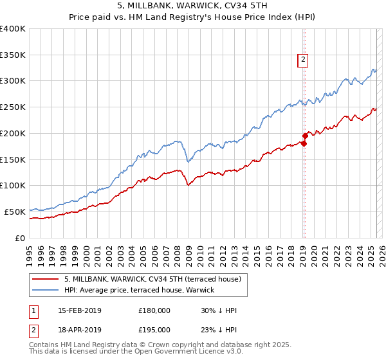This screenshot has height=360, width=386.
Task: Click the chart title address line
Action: (x=193, y=5)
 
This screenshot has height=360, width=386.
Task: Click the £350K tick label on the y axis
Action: (x=13, y=55)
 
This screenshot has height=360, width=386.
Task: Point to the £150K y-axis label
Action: (x=13, y=159)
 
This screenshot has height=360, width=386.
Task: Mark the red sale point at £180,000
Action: (x=303, y=143)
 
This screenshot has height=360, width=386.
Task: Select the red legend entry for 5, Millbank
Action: (x=152, y=279)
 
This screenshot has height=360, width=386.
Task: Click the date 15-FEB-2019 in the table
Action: (x=79, y=310)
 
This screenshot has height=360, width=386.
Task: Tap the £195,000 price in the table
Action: (x=154, y=329)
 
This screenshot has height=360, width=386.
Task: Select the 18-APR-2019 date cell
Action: (x=79, y=329)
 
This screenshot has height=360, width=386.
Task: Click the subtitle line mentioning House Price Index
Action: (x=193, y=17)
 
